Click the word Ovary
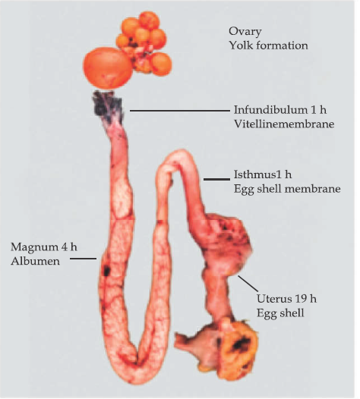pyautogui.click(x=245, y=32)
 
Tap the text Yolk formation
pyautogui.click(x=268, y=46)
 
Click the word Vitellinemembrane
pyautogui.click(x=284, y=124)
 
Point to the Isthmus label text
pyautogui.click(x=263, y=174)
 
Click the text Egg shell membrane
pyautogui.click(x=287, y=189)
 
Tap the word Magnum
pyautogui.click(x=34, y=247)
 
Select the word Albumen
pyautogui.click(x=35, y=261)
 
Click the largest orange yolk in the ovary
pyautogui.click(x=108, y=68)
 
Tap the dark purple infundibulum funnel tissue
pyautogui.click(x=107, y=105)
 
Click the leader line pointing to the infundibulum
pyautogui.click(x=180, y=111)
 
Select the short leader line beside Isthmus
pyautogui.click(x=216, y=179)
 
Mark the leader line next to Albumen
pyautogui.click(x=83, y=259)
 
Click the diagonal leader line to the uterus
pyautogui.click(x=248, y=284)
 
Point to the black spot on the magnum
pyautogui.click(x=106, y=270)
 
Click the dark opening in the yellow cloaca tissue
pyautogui.click(x=238, y=344)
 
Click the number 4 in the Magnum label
pyautogui.click(x=64, y=247)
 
